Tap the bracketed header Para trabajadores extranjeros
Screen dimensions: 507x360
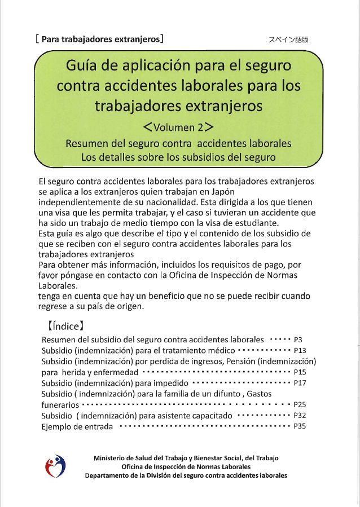[x=99, y=39]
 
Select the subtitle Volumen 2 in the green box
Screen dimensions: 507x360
[x=178, y=126]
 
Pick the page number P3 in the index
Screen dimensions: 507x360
[x=298, y=340]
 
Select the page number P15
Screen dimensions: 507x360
[x=299, y=372]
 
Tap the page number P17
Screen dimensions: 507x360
[x=299, y=383]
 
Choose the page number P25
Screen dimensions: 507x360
[x=300, y=405]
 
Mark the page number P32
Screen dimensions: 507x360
[x=299, y=416]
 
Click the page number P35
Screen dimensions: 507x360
[x=299, y=426]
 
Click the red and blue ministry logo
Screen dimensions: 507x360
[x=55, y=466]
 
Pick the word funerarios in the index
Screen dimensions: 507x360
[x=60, y=405]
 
